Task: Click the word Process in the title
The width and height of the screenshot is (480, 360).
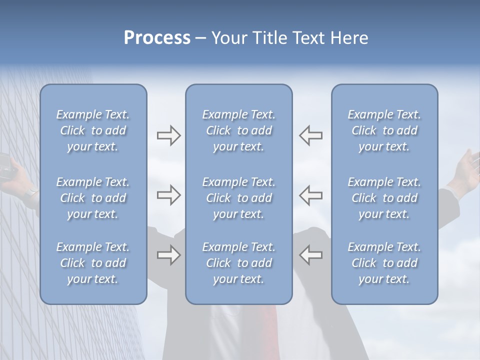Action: point(157,38)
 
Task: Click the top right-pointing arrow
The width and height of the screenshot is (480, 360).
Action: point(169,135)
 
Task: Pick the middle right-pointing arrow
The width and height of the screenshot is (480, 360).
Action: point(169,195)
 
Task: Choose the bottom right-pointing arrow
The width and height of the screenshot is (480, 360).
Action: point(169,255)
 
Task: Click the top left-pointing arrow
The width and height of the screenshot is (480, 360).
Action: point(311,135)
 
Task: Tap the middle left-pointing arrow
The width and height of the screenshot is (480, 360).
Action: point(311,195)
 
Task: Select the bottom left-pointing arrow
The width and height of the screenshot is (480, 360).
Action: point(311,254)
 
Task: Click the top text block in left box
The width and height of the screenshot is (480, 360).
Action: point(93,130)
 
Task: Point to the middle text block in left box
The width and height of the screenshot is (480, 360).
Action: point(93,198)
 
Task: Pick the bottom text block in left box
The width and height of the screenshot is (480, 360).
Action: point(93,263)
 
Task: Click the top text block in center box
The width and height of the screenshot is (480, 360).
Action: point(239,130)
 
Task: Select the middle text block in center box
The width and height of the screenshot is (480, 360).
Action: point(239,198)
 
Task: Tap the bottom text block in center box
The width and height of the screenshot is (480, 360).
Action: point(239,263)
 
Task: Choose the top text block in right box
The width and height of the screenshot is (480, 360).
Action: point(384,130)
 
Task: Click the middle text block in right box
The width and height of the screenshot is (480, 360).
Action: point(384,198)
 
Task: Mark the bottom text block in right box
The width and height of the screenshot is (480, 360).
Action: point(384,263)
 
